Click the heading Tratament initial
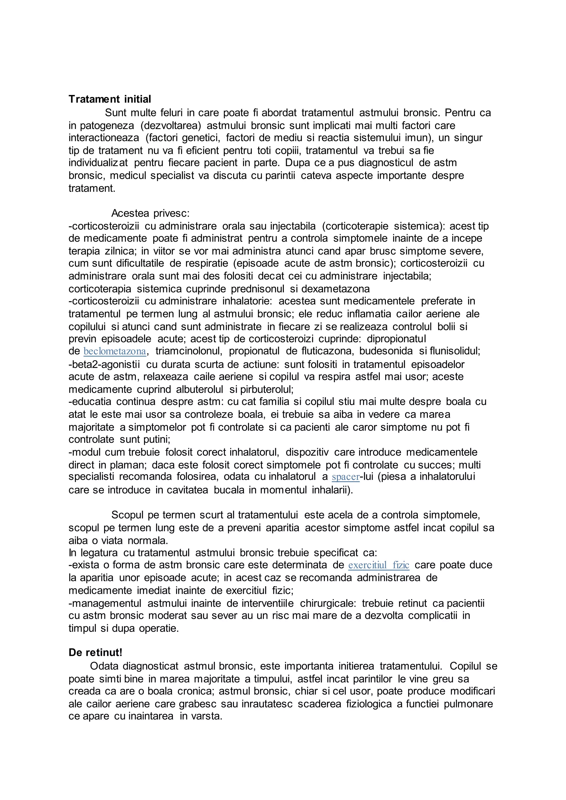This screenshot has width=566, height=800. point(110,99)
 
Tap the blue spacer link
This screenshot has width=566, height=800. point(345,477)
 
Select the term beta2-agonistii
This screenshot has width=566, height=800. point(104,364)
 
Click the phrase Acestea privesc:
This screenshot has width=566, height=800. point(150,213)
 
